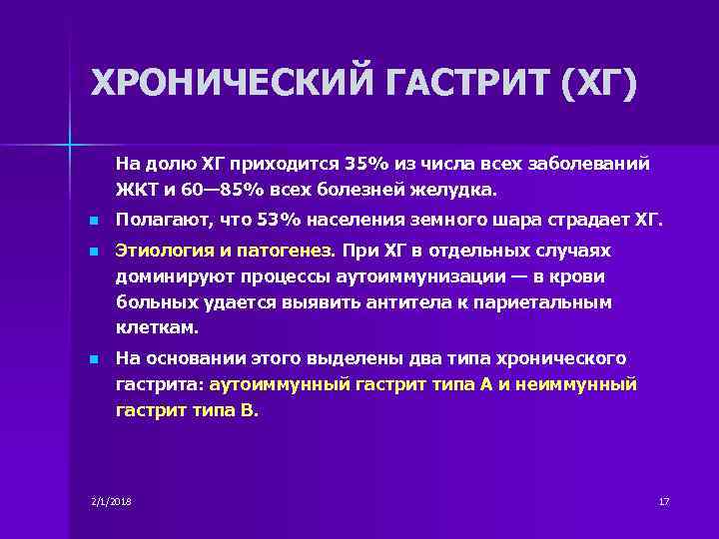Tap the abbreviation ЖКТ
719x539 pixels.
pos(134,188)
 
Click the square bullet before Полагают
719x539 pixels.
pos(93,221)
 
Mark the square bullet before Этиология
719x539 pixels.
pos(93,252)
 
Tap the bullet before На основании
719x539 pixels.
pos(93,358)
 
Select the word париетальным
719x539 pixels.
pos(559,302)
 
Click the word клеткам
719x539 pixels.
pos(157,327)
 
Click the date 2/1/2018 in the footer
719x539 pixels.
pos(111,499)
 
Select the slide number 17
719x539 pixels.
pos(663,499)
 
